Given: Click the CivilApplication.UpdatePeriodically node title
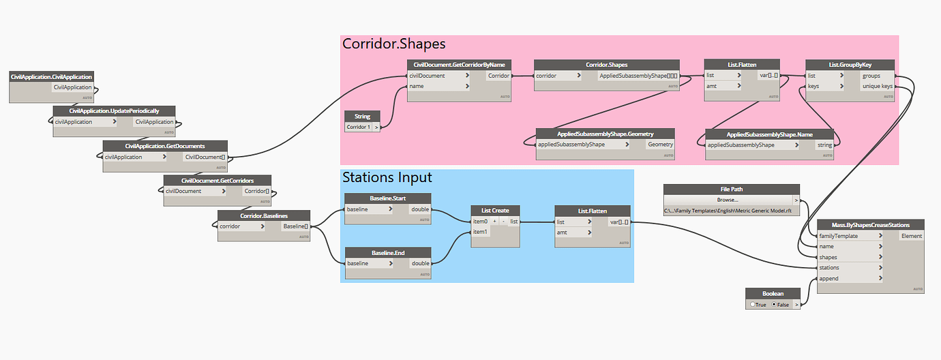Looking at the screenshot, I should point(114,110).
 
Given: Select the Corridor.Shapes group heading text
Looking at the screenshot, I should point(393,44).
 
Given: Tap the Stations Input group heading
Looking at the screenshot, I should point(387,177).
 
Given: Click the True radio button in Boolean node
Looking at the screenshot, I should point(757,305).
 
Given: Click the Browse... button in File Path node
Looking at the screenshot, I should point(727,200).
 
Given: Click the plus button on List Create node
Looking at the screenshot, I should point(494,222).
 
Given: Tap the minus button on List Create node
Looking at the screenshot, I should point(503,222).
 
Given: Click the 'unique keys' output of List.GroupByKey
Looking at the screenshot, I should point(876,87).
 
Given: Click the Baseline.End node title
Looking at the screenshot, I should point(388,253).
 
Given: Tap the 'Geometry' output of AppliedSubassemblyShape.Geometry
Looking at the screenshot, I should point(659,145).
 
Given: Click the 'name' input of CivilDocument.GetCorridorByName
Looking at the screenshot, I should point(437,87).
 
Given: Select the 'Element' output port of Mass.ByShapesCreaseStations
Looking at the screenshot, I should point(910,236).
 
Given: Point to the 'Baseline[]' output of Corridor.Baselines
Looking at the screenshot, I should point(295,226).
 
